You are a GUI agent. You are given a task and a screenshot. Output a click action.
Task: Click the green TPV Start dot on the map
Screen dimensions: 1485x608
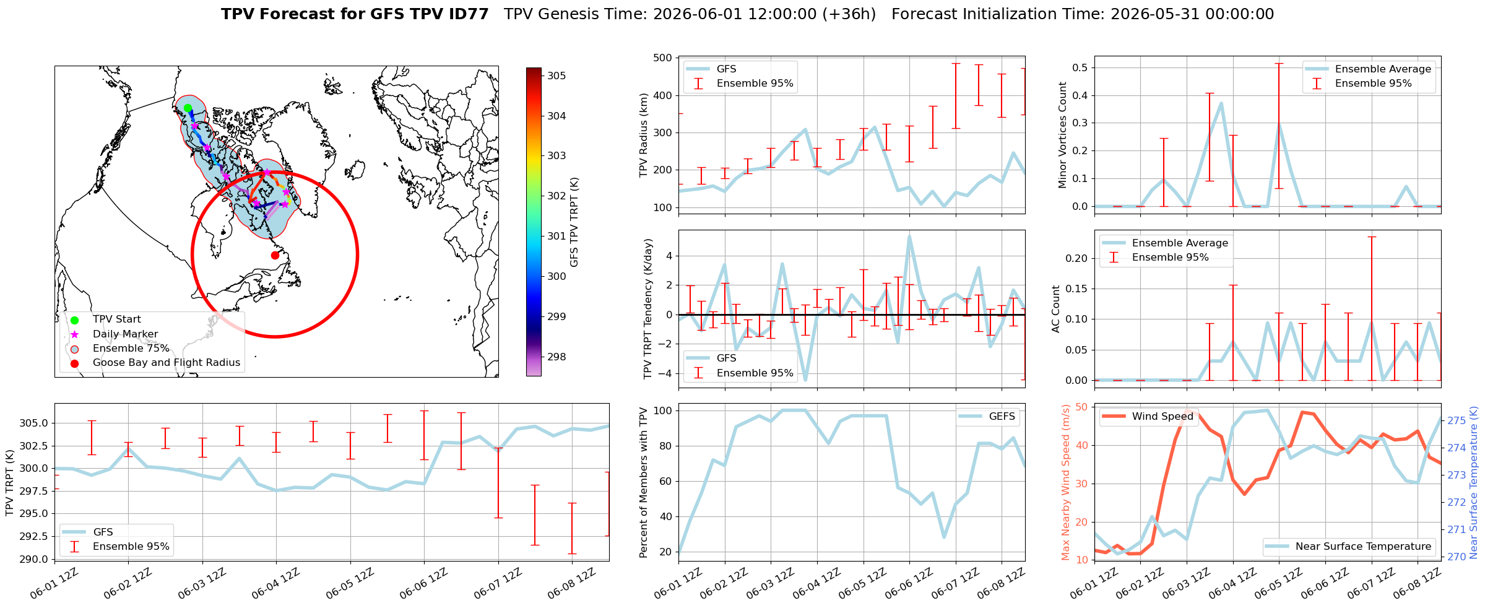[188, 108]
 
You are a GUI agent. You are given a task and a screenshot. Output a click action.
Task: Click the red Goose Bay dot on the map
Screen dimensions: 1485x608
[275, 255]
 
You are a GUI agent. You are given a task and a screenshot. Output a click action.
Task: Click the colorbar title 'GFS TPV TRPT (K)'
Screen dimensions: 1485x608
[574, 222]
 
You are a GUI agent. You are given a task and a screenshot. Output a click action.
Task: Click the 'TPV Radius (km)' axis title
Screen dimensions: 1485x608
[644, 135]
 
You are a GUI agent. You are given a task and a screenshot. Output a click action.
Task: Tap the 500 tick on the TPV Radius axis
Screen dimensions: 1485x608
[663, 58]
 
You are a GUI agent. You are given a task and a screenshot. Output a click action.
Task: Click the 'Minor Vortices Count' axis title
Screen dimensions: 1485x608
[1063, 135]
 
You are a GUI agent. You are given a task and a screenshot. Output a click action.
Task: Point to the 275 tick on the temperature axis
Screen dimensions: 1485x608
[1456, 420]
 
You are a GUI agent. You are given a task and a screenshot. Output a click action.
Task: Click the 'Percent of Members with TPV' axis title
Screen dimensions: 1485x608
[644, 482]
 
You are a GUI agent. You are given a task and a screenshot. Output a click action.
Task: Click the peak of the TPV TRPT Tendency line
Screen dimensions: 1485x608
[909, 236]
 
